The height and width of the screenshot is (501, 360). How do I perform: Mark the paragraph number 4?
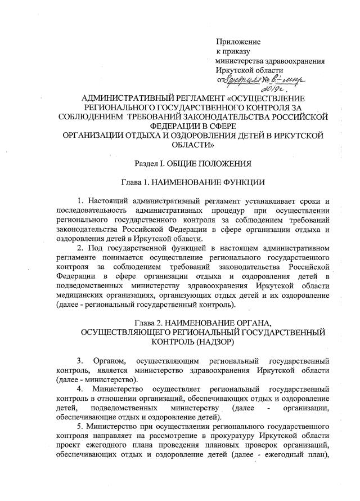click(80, 389)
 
